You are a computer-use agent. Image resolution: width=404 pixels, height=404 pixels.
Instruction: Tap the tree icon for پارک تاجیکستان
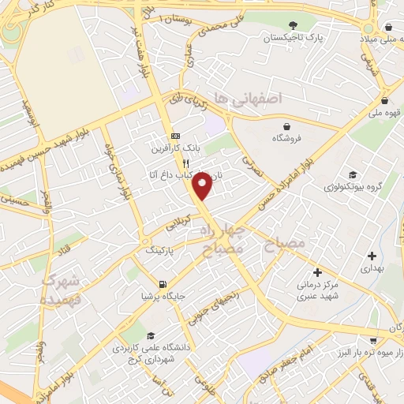click(293, 27)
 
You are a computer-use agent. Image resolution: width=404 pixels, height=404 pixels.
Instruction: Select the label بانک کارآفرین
click(175, 148)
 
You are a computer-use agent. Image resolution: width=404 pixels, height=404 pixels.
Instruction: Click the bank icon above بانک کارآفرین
click(175, 136)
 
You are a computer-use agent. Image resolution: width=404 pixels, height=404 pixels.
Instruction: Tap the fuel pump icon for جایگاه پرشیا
click(163, 284)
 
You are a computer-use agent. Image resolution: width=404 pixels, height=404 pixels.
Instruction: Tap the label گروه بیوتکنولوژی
click(352, 188)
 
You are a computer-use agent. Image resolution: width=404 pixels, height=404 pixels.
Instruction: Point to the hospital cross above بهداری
click(372, 256)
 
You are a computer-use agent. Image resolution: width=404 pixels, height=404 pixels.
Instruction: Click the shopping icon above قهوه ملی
click(383, 100)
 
